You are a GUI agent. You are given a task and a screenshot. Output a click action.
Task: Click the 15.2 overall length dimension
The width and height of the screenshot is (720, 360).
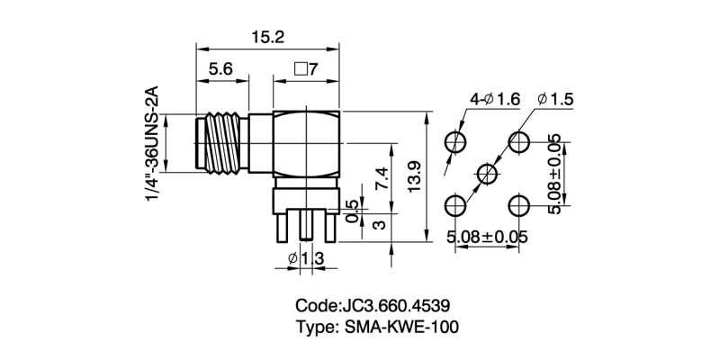pyautogui.click(x=267, y=38)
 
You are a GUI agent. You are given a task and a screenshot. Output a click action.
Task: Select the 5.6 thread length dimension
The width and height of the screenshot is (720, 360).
pyautogui.click(x=223, y=69)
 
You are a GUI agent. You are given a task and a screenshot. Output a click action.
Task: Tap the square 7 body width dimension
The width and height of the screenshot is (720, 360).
pyautogui.click(x=307, y=69)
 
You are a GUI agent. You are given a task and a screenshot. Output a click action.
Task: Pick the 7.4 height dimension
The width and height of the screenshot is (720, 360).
pyautogui.click(x=382, y=177)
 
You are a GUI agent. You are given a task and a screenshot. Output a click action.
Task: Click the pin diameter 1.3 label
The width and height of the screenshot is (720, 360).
pyautogui.click(x=305, y=260)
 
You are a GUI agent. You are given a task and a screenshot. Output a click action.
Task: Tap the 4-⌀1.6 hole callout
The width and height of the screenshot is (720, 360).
pyautogui.click(x=496, y=99)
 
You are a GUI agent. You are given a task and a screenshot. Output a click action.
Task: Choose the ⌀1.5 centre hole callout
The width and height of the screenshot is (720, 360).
pyautogui.click(x=554, y=99)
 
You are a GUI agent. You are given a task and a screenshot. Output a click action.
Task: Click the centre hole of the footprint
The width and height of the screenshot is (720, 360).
pyautogui.click(x=487, y=174)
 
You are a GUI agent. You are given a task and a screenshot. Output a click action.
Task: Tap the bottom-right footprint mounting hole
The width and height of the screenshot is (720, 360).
pyautogui.click(x=519, y=205)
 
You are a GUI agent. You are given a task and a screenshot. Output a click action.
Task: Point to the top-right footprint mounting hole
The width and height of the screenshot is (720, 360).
pyautogui.click(x=519, y=142)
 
